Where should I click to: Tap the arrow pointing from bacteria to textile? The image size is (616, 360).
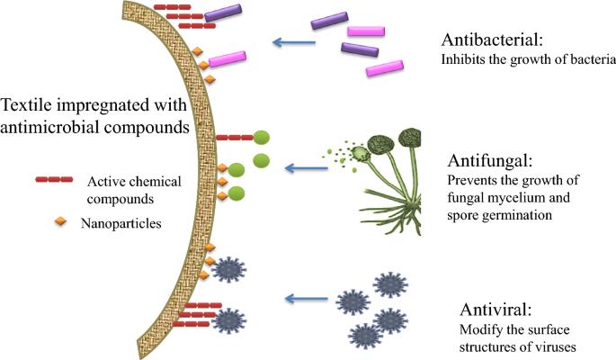(294, 42)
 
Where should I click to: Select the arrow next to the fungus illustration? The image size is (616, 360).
(306, 168)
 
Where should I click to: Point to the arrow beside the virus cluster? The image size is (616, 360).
(306, 299)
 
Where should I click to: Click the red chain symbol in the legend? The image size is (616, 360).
(54, 180)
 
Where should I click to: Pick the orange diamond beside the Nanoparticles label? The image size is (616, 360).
(60, 222)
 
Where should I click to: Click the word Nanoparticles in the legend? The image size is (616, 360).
(121, 223)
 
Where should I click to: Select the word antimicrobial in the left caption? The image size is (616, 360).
(47, 128)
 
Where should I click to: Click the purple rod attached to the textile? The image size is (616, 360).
(223, 13)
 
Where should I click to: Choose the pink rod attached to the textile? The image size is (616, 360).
(228, 59)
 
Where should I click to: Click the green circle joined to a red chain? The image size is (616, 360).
(262, 138)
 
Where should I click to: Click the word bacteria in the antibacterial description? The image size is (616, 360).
(594, 59)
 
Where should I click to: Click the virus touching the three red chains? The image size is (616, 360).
(228, 320)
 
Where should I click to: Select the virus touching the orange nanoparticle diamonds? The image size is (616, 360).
(228, 269)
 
